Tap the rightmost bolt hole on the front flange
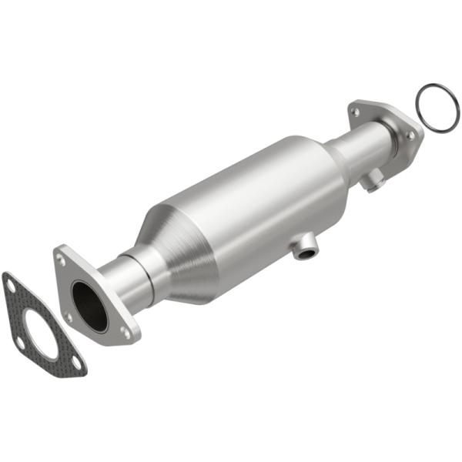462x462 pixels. pyautogui.click(x=126, y=333)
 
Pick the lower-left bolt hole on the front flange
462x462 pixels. pyautogui.click(x=69, y=316)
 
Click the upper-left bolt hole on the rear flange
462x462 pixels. pyautogui.click(x=355, y=112)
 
